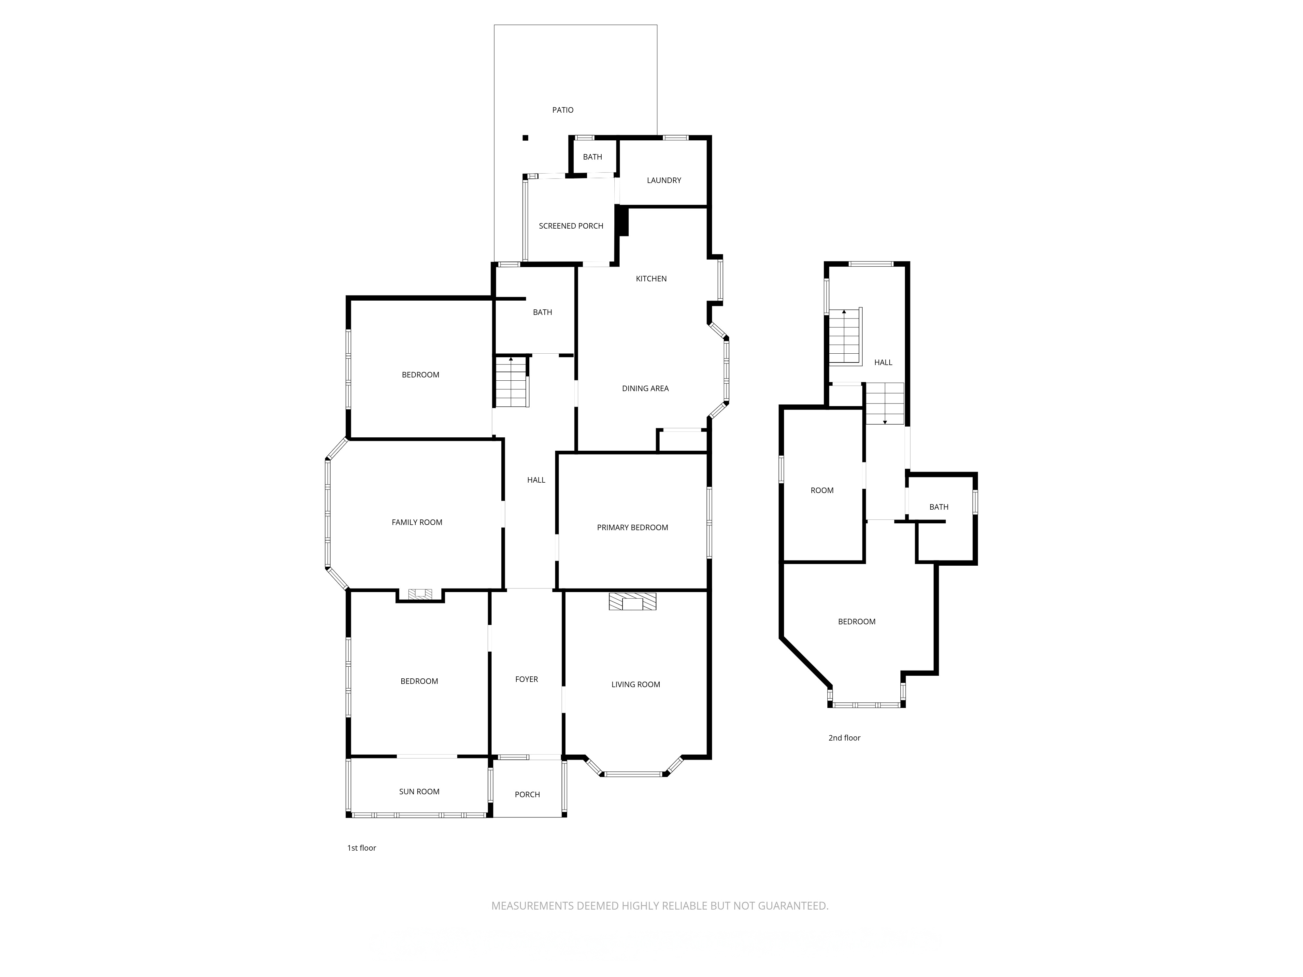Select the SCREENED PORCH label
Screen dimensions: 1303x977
tap(571, 226)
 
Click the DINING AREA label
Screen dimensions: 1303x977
tap(645, 389)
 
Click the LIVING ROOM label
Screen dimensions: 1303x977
tap(636, 684)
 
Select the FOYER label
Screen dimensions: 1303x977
tap(527, 679)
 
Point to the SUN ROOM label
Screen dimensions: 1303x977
tap(419, 791)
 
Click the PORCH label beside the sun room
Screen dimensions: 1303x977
tap(527, 794)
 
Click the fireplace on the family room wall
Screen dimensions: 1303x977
tap(420, 594)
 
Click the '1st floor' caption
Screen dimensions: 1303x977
tap(361, 848)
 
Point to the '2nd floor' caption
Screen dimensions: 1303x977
tap(844, 738)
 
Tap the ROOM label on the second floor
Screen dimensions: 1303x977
tap(822, 490)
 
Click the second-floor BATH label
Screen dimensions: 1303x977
tap(939, 507)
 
